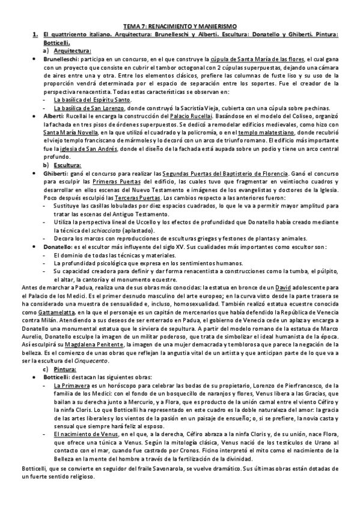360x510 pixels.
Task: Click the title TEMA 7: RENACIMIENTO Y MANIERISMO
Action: coord(180,27)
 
